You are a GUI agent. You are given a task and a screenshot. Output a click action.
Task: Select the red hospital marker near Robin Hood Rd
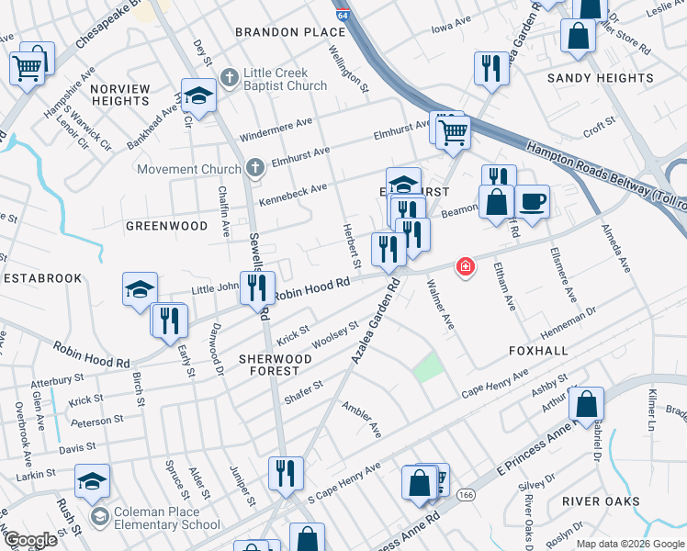(466, 267)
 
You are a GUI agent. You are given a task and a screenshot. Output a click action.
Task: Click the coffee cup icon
(532, 200)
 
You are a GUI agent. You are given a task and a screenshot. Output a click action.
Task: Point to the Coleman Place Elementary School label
(166, 519)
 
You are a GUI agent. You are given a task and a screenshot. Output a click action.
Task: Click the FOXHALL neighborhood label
(538, 351)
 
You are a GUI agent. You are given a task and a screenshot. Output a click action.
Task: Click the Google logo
(29, 540)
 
